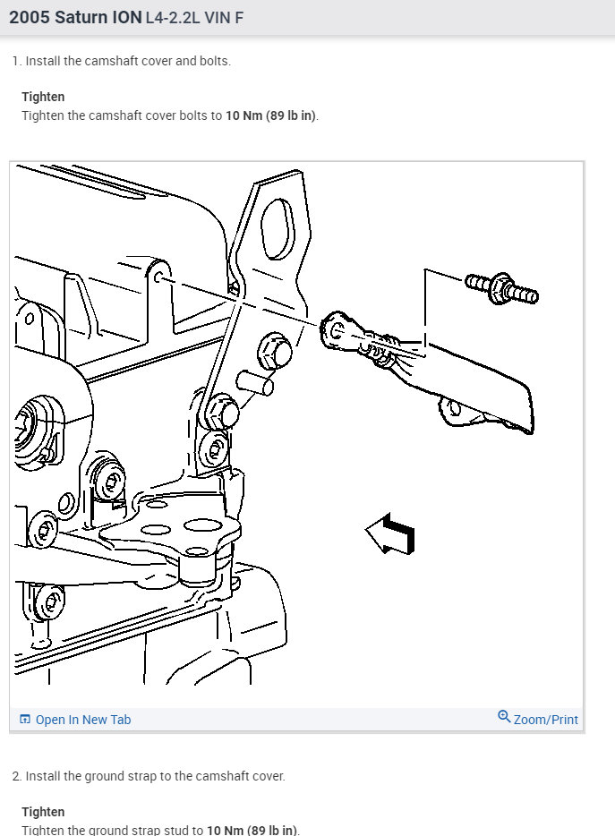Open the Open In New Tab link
point(82,720)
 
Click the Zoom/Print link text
point(545,720)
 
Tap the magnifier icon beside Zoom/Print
point(504,718)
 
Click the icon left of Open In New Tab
point(25,720)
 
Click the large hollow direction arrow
point(390,535)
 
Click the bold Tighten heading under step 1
point(43,97)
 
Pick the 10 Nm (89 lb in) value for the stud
point(252,830)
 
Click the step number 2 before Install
point(16,776)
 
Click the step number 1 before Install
point(16,61)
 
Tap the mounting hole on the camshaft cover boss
point(158,278)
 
